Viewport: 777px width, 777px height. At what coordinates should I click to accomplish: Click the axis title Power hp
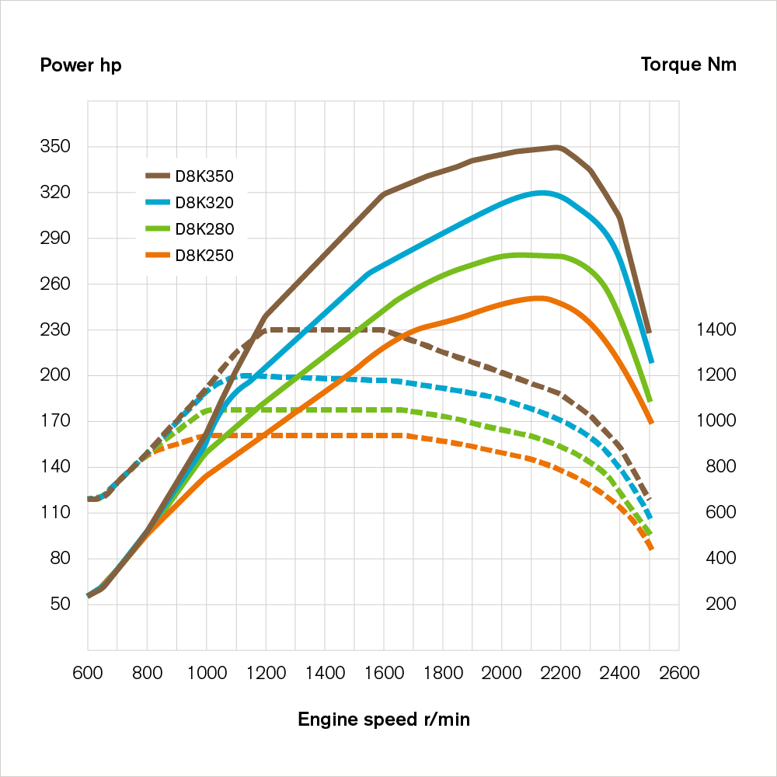click(81, 64)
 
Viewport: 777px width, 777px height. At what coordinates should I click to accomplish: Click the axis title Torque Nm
click(688, 64)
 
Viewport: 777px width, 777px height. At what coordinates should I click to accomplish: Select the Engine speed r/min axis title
click(384, 720)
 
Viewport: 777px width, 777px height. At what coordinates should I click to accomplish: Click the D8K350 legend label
click(204, 176)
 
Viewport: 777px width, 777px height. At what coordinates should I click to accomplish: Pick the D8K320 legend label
click(204, 203)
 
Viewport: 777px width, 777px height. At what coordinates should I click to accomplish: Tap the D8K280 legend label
click(204, 228)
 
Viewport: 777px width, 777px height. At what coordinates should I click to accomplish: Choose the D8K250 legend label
click(204, 255)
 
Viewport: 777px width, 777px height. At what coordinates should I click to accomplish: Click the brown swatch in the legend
click(158, 176)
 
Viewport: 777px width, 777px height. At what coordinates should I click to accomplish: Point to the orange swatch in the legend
click(158, 255)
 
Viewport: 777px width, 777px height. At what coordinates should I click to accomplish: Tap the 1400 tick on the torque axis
click(716, 329)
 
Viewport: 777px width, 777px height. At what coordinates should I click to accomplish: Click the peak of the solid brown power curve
click(557, 147)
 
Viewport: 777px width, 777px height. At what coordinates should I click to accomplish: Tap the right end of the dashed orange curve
click(651, 549)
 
